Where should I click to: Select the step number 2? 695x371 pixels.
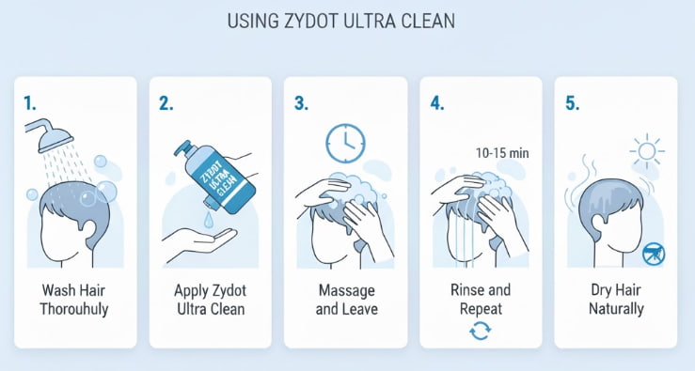click(x=165, y=102)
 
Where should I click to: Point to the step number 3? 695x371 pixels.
click(x=301, y=102)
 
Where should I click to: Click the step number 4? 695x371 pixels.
click(x=436, y=102)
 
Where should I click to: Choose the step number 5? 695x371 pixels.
click(x=572, y=102)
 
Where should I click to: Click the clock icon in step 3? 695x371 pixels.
click(x=343, y=143)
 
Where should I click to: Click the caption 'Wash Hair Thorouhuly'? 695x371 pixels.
click(x=74, y=299)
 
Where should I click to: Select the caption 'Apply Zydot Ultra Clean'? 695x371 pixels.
click(x=210, y=299)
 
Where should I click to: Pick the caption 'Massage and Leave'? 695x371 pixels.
click(x=347, y=299)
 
